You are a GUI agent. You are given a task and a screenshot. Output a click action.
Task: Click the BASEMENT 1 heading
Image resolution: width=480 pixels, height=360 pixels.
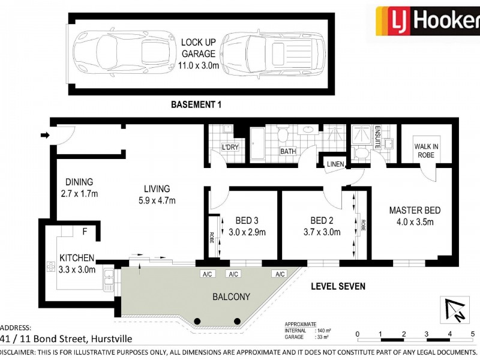point(196,104)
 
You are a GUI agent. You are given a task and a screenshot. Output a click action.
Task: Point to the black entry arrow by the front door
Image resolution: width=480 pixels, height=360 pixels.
point(45,136)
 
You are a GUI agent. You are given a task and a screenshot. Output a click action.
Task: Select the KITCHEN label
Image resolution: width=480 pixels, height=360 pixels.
point(77,264)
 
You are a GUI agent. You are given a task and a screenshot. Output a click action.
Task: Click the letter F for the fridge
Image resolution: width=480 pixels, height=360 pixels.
point(85,230)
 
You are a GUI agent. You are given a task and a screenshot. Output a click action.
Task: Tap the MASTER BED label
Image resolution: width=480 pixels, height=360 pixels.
point(415,216)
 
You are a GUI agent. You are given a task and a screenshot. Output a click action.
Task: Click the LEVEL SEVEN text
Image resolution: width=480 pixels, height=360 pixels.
point(338,286)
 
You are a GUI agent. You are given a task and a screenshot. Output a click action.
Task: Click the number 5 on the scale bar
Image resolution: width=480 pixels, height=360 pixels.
point(473,334)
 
